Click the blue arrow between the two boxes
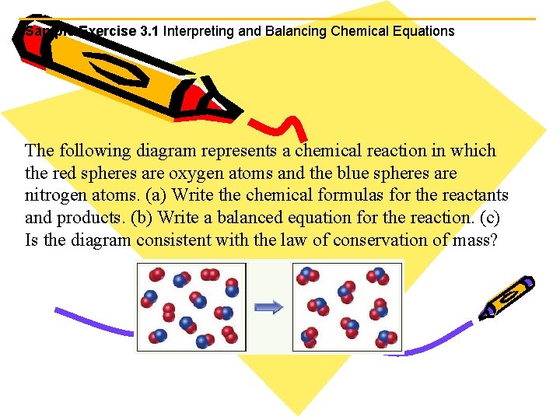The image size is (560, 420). (x=269, y=307)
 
